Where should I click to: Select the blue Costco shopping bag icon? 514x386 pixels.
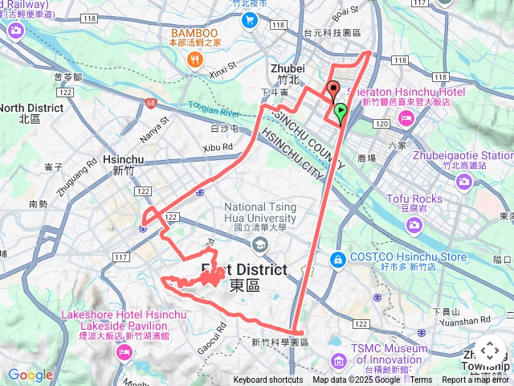coord(339,260)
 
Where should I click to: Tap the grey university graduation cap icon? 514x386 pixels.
coord(259,244)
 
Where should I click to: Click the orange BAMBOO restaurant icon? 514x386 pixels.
coord(194,60)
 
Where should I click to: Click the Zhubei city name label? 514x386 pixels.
coord(286,70)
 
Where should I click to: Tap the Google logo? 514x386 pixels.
coord(30,375)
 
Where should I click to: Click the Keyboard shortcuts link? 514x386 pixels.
coord(267,380)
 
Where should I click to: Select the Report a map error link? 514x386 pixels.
coord(475,380)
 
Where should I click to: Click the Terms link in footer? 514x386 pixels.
coord(421,380)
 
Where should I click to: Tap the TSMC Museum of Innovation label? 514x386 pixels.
coord(389,355)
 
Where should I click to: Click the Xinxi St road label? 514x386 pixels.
coord(224,70)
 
